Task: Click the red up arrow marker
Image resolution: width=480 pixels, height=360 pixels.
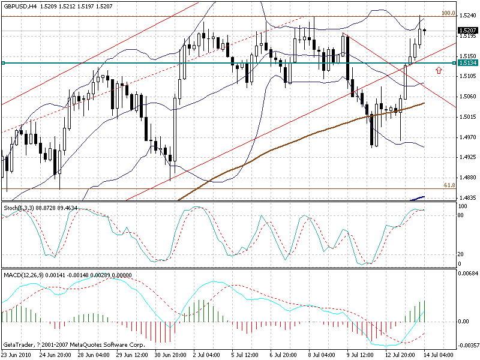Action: [439, 70]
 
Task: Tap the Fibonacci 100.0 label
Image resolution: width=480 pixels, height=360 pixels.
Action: [448, 13]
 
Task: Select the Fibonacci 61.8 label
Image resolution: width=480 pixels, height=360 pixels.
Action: [448, 185]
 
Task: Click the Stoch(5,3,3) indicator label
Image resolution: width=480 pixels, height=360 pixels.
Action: [19, 207]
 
